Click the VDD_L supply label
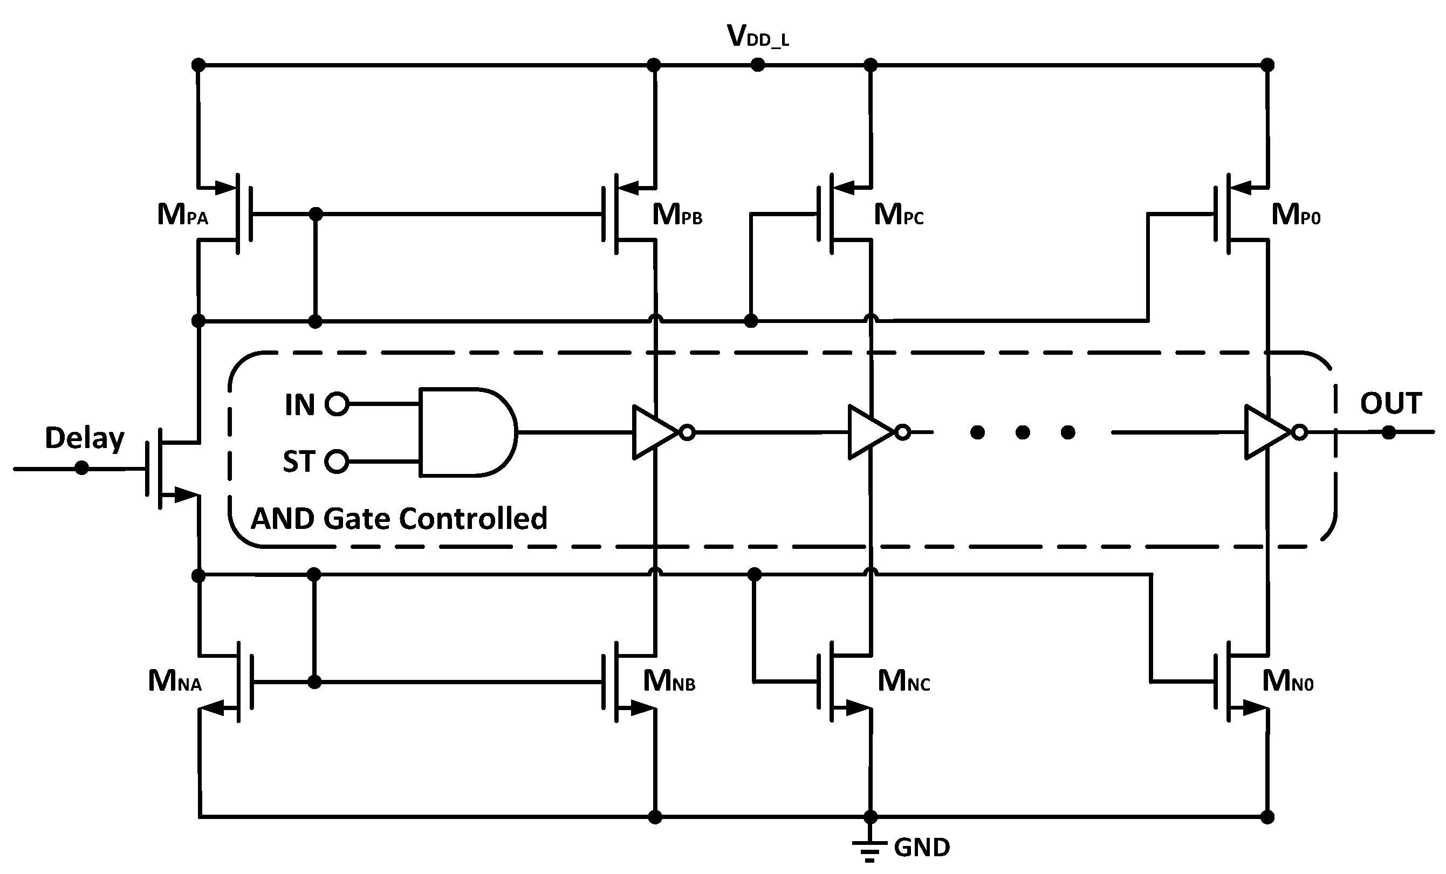click(758, 36)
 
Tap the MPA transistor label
click(182, 215)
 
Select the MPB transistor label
click(677, 215)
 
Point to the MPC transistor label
click(899, 215)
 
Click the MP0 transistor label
click(1296, 215)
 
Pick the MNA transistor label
click(175, 682)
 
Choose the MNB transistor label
click(669, 682)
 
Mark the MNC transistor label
click(904, 682)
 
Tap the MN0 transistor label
click(1288, 682)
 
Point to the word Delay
click(85, 438)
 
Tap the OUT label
click(1390, 403)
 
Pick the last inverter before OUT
click(1268, 432)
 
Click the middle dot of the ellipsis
click(1022, 432)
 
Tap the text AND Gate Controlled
click(399, 519)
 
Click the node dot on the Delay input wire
click(82, 468)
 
